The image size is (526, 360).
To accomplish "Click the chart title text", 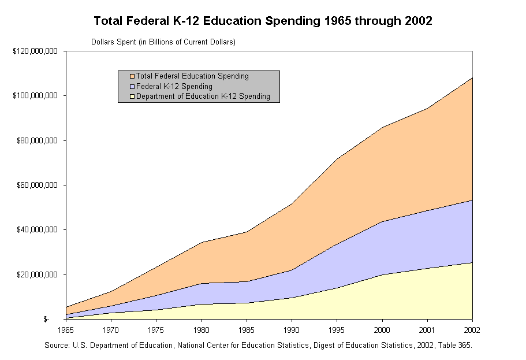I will [263, 21].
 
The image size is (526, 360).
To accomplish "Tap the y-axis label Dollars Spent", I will [163, 42].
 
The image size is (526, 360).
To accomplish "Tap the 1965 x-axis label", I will [66, 330].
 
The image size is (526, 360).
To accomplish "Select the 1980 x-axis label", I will [202, 330].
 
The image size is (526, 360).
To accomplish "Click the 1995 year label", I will [337, 330].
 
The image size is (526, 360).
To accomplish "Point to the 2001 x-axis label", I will [427, 330].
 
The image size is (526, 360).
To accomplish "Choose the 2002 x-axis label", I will [472, 330].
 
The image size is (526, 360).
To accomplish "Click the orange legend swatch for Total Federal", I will [132, 76].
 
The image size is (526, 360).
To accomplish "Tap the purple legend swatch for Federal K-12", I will [132, 87].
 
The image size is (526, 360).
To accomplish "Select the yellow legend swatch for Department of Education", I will [132, 97].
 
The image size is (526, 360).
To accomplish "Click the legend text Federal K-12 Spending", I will [174, 87].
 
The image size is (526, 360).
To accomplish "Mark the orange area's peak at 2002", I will [472, 78].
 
